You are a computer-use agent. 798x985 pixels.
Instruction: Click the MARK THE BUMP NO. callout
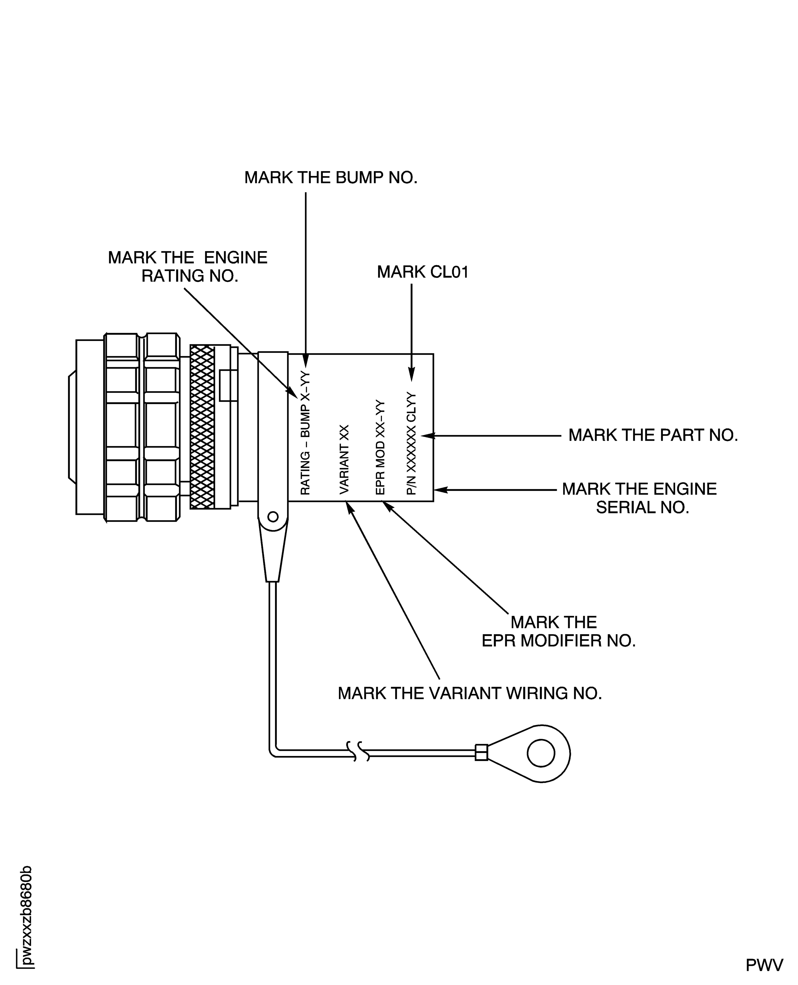330,178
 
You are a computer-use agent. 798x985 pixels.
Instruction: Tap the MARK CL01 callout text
422,272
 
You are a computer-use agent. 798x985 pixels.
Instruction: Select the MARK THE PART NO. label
653,435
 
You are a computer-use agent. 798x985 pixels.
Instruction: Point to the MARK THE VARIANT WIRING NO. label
469,693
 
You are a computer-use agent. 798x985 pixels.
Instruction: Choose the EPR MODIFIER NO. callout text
558,631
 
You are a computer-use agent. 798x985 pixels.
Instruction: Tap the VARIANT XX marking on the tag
344,460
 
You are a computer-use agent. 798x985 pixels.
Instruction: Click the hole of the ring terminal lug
541,753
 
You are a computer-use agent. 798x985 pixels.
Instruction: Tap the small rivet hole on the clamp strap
273,517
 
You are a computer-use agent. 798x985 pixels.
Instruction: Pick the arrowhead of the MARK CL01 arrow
412,376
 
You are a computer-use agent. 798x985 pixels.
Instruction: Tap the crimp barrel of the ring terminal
481,752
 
